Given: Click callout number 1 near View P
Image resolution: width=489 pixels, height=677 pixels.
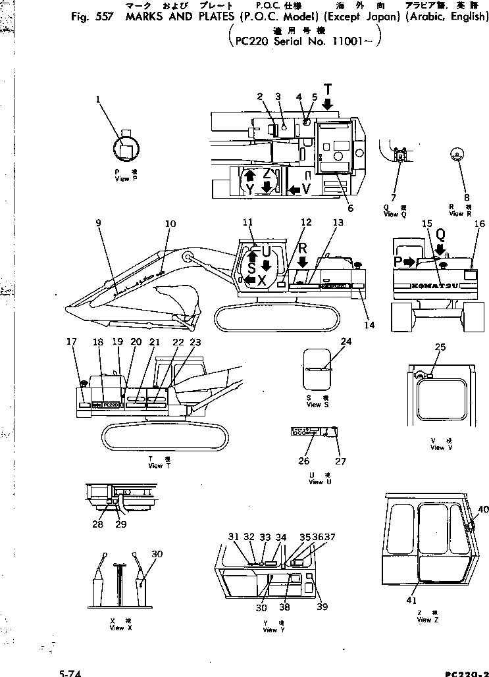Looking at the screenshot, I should coord(98,99).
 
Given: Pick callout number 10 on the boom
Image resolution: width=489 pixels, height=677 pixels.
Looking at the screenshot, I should coord(170,224).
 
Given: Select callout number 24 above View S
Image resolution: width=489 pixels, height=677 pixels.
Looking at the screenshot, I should coord(346,341).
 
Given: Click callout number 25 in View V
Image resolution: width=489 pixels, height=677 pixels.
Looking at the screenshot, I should coord(440,347).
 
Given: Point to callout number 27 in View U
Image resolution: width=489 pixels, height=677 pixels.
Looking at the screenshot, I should coord(342,461).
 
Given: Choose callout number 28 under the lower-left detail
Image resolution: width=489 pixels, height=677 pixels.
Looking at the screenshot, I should coord(98,524).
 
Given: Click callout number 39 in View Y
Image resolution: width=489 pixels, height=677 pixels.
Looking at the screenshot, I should coord(322,607).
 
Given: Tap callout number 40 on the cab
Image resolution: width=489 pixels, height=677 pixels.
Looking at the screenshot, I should coord(483,509).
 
